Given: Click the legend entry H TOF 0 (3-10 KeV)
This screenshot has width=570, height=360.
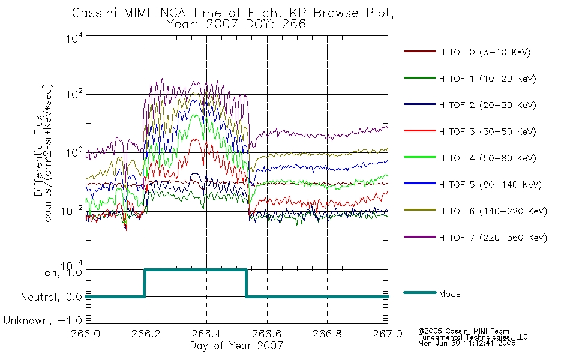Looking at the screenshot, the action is (485, 52).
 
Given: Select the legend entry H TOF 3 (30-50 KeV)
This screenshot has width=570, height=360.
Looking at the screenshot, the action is (487, 131).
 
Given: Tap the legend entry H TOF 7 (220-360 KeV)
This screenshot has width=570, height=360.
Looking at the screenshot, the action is (493, 238).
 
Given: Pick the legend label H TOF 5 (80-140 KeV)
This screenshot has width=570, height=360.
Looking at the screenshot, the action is (490, 185).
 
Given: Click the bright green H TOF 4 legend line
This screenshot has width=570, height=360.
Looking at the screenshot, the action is (420, 157).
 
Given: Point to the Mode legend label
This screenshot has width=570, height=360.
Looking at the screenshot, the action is (449, 294).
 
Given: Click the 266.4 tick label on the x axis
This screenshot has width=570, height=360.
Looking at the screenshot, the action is (206, 334).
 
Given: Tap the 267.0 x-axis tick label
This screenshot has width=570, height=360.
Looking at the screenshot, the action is (388, 334).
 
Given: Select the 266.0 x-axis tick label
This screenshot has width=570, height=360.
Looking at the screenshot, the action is (86, 334).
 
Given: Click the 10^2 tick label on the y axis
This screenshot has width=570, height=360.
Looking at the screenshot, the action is (74, 94).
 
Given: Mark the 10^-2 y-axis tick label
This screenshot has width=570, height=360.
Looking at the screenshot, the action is (71, 211).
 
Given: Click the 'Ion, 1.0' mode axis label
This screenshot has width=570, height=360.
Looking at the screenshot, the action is (62, 272).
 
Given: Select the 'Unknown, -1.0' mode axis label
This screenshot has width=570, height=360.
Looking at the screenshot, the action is (43, 320).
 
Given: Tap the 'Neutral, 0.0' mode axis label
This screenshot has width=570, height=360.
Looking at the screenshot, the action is (52, 297).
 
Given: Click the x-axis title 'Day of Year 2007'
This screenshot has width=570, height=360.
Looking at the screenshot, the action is (236, 345).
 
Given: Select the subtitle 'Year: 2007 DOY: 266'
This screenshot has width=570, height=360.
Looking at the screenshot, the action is (236, 25).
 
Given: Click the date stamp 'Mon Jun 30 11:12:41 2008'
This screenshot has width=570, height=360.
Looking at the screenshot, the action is (467, 343).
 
